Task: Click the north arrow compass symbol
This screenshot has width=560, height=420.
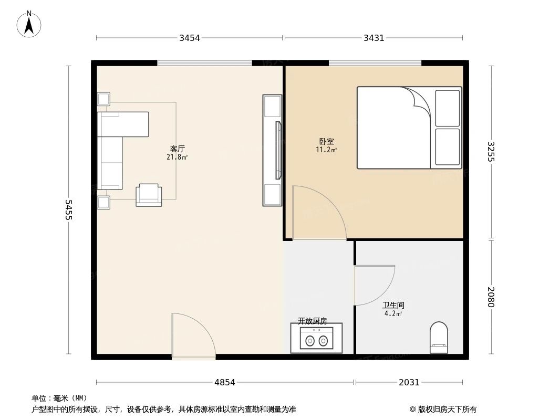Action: pyautogui.click(x=30, y=24)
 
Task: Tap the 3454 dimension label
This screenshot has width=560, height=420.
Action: pyautogui.click(x=190, y=38)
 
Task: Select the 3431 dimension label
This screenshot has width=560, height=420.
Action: pyautogui.click(x=374, y=38)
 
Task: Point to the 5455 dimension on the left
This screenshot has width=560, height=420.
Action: pyautogui.click(x=69, y=210)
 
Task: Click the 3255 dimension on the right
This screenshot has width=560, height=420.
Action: pyautogui.click(x=491, y=152)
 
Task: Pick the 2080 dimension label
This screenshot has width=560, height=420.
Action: pyautogui.click(x=491, y=297)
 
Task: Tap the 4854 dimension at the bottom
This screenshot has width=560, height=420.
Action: pyautogui.click(x=225, y=382)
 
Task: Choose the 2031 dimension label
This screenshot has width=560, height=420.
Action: pyautogui.click(x=409, y=382)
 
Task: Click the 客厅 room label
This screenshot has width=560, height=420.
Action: pyautogui.click(x=178, y=149)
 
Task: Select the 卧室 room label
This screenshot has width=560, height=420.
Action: pyautogui.click(x=326, y=141)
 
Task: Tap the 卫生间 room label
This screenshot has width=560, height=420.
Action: pyautogui.click(x=393, y=305)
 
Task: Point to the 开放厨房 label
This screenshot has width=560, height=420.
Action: pyautogui.click(x=313, y=320)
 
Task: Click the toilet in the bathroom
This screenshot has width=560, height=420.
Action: pyautogui.click(x=439, y=338)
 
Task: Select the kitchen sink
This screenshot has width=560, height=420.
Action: pyautogui.click(x=316, y=339)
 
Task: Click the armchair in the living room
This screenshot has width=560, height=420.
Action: pyautogui.click(x=149, y=195)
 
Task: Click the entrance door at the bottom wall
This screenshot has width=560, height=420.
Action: pyautogui.click(x=193, y=336)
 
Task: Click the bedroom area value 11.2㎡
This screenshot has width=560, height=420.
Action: pyautogui.click(x=326, y=150)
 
